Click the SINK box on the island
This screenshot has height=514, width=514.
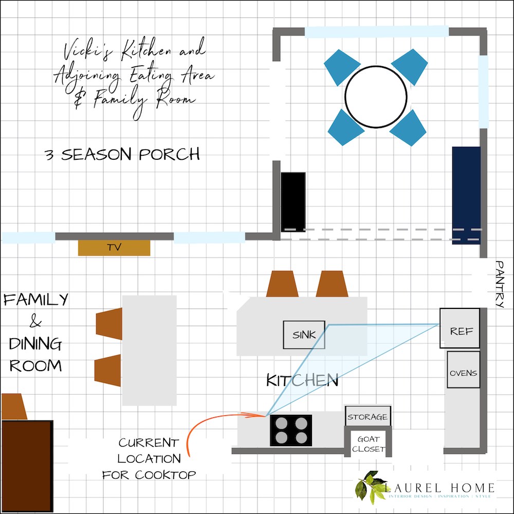[x=304, y=335]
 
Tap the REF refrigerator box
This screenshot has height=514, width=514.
[x=460, y=328]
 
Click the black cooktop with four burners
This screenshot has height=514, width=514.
[x=291, y=430]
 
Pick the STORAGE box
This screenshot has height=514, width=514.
[x=367, y=416]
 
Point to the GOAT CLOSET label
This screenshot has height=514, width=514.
[x=368, y=444]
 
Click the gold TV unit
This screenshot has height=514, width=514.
[x=114, y=247]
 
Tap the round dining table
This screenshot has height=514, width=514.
[x=376, y=97]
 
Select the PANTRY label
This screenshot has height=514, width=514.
[x=501, y=284]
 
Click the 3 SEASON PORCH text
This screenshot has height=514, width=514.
[x=122, y=154]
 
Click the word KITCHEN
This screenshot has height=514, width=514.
[x=302, y=381]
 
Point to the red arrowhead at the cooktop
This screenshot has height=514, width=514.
[x=262, y=414]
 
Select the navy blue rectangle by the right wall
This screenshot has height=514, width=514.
[x=466, y=195]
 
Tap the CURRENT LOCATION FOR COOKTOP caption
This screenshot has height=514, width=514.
[x=149, y=458]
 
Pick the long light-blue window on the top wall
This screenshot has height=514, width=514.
[x=377, y=32]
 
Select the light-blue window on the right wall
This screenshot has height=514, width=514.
[x=483, y=91]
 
